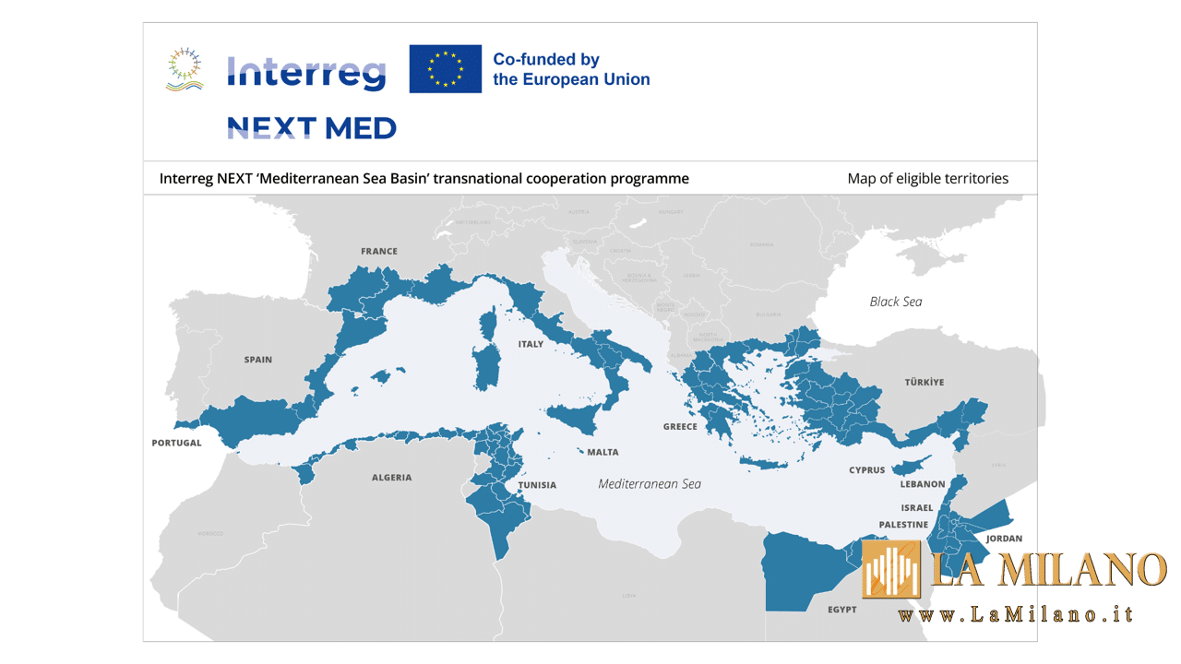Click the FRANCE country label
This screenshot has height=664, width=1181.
(x=379, y=251)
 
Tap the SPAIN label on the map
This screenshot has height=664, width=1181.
(x=258, y=360)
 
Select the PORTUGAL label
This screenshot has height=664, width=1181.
(x=176, y=443)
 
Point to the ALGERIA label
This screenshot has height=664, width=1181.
(x=392, y=478)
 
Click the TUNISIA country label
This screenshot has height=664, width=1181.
(x=537, y=485)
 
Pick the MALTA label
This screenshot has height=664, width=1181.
(x=602, y=452)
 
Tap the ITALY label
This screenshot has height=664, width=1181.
(x=531, y=344)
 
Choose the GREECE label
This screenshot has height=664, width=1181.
(x=680, y=427)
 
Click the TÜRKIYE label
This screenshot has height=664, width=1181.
(x=924, y=382)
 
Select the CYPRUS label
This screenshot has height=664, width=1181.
(x=866, y=470)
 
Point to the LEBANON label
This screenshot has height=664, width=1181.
(x=923, y=484)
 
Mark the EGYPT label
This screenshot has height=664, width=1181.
(x=841, y=610)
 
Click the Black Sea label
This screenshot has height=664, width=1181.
(x=895, y=302)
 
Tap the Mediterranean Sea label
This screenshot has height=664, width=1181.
(x=650, y=484)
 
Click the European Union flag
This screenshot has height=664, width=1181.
(x=446, y=69)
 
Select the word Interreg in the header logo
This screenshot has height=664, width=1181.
(x=306, y=72)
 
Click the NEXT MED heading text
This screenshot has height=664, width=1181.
(x=312, y=128)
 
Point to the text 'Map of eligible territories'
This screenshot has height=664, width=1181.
(x=927, y=178)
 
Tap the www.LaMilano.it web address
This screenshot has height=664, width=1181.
(x=1015, y=615)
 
